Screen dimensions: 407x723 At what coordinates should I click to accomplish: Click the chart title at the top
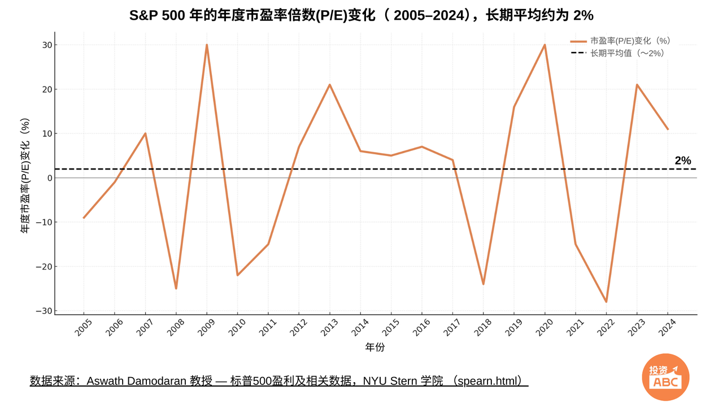361,15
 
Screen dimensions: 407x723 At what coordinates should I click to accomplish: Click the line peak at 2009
207,45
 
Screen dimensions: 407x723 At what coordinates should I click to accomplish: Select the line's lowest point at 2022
606,302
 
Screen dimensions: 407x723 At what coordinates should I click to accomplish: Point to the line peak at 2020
545,45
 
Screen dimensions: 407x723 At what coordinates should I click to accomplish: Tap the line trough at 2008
176,288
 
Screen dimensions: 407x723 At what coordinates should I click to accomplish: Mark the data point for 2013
330,85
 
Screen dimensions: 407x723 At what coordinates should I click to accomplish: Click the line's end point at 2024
668,129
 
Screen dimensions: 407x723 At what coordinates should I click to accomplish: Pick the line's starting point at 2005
84,218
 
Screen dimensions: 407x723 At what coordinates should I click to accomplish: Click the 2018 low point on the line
484,284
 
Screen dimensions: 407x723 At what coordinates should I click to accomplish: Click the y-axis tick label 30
46,45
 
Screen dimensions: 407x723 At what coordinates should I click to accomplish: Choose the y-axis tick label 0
49,178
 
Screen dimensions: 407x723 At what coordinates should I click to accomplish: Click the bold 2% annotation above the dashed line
683,161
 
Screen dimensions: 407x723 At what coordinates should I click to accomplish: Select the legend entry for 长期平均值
627,53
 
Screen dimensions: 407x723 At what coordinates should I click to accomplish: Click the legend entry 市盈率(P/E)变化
630,41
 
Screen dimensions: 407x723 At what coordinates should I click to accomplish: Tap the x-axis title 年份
375,347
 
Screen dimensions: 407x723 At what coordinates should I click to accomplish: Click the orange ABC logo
666,376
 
